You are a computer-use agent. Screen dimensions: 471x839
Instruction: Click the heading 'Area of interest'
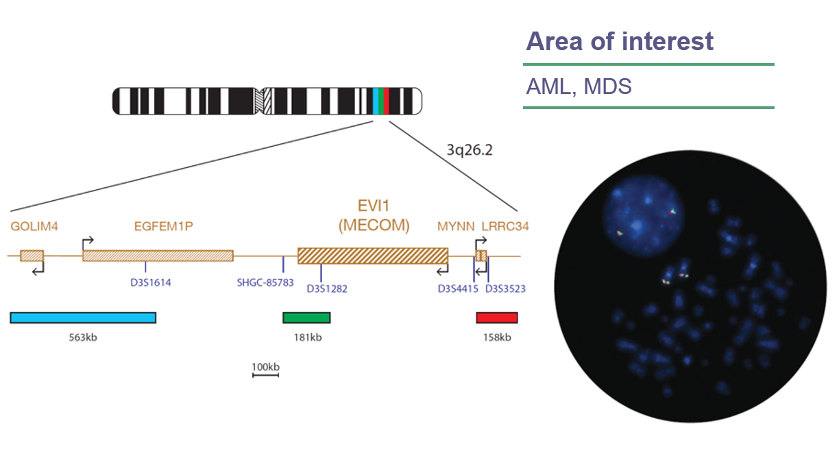point(620,42)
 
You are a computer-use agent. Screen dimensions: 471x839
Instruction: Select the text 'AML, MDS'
point(579,87)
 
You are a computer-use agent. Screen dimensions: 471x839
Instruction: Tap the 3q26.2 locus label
point(470,150)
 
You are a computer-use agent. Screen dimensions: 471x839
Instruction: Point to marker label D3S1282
point(327,289)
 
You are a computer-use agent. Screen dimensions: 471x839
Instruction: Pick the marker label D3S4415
point(458,289)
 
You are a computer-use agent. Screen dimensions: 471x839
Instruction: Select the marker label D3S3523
point(505,289)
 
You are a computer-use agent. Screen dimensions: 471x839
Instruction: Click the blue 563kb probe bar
point(83,317)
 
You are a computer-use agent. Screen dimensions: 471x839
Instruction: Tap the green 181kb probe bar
point(306,317)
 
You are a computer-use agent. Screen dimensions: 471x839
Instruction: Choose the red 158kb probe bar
point(497,317)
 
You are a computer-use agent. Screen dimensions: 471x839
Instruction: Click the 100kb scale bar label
point(265,367)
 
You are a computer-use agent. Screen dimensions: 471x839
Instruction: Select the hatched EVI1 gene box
point(373,256)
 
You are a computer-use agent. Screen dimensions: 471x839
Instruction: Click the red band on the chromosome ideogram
point(387,101)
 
